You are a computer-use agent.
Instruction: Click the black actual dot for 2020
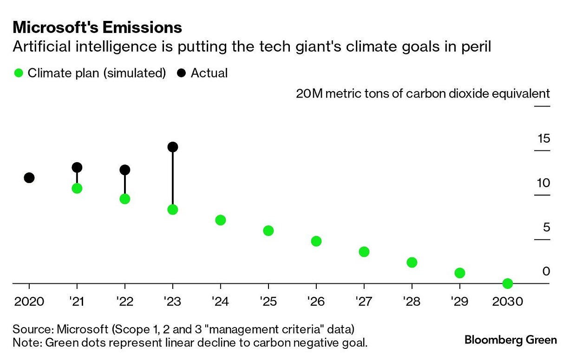(29, 178)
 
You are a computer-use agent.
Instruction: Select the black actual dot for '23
(173, 147)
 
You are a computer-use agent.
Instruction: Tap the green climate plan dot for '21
(77, 188)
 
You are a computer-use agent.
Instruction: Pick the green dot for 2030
(507, 283)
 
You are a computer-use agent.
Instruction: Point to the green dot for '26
(316, 241)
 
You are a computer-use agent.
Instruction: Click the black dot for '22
(124, 170)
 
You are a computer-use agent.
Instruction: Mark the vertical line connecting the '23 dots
(173, 179)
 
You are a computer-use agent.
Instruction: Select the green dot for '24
(221, 220)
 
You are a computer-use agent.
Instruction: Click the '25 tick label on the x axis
(268, 301)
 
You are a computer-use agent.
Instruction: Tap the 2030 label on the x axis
(507, 301)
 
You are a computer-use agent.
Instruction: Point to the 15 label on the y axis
(543, 138)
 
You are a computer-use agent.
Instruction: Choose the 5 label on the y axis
(546, 228)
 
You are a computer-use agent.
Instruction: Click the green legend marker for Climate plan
(19, 73)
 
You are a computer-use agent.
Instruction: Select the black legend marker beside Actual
(182, 73)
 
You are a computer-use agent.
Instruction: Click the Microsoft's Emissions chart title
(97, 28)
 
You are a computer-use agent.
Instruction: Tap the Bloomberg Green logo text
(510, 340)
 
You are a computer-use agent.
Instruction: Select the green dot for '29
(459, 273)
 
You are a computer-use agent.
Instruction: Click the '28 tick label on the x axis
(412, 301)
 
